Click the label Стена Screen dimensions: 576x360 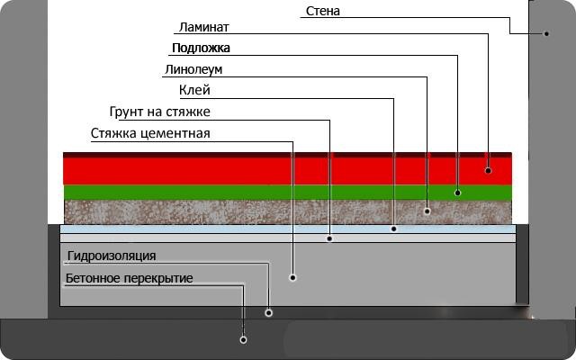pos(322,11)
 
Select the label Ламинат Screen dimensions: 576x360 pos(204,27)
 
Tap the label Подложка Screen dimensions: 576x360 pos(201,48)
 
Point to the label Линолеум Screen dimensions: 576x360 pos(193,69)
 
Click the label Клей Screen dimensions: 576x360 pos(194,90)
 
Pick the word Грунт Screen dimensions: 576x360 pos(128,112)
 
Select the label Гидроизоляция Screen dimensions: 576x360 pos(112,256)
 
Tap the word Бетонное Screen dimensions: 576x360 pos(93,278)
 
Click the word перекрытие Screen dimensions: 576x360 pos(158,278)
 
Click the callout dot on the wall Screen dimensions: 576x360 pos(546,34)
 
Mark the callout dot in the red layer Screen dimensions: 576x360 pos(488,170)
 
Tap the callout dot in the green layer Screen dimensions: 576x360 pos(457,193)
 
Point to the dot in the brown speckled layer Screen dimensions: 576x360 pos(427,211)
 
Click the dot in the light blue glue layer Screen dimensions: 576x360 pos(394,229)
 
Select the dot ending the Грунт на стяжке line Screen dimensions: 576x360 pos(329,238)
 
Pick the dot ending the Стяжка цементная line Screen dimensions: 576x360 pos(292,277)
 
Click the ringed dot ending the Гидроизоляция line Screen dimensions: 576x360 pos(268,313)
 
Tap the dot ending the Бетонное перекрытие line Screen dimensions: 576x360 pos(243,340)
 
